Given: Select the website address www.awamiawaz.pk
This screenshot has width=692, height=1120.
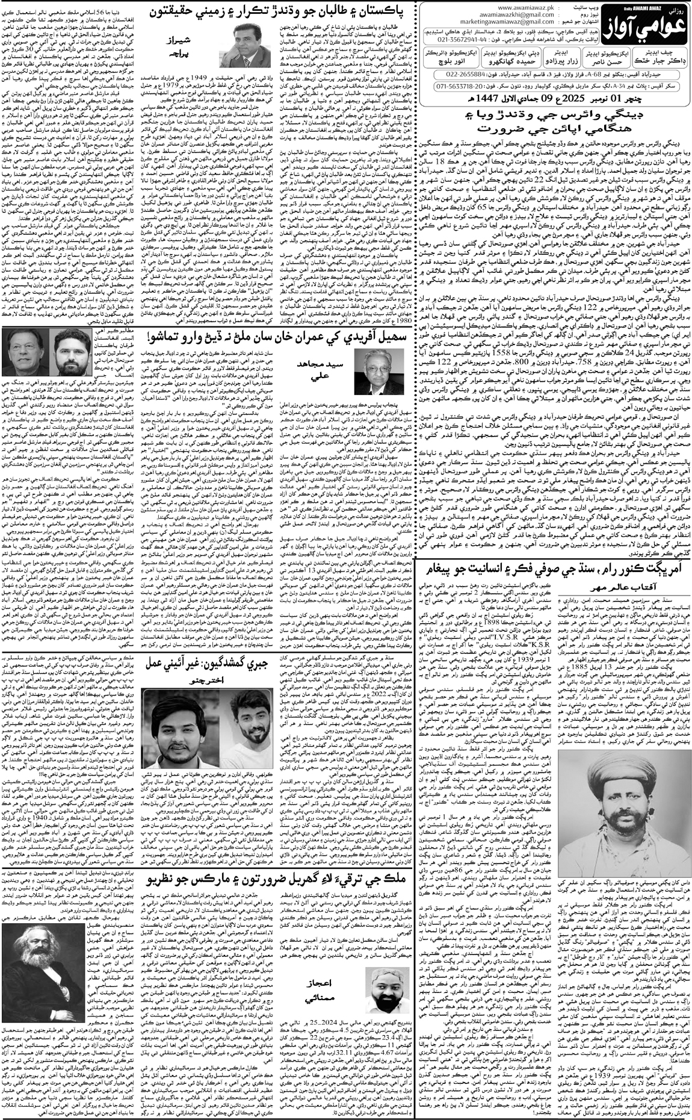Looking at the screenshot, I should coord(526,8).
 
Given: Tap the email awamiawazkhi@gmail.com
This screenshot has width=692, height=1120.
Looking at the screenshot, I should coord(516,15).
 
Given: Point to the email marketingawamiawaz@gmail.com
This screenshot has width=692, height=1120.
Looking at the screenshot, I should coord(507,22).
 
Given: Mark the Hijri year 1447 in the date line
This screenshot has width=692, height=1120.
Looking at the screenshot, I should coord(487,98).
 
